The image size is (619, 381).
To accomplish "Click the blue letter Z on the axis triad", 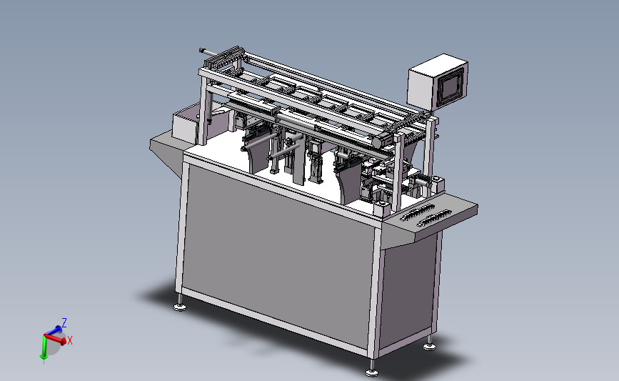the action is coord(64,323).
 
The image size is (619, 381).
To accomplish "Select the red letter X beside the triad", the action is coord(70,340).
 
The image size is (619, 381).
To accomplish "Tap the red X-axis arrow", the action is coord(55,339).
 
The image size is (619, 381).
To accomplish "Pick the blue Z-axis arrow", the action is coord(54,330).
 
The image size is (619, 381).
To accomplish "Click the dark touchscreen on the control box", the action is coord(450,86).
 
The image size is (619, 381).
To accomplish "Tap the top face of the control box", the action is coord(438,63).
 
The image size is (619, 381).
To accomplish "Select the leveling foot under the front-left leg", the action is coord(180,307).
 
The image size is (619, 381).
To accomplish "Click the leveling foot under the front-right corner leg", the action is coord(371,372).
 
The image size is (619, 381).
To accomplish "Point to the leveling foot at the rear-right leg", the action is coord(430,347).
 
